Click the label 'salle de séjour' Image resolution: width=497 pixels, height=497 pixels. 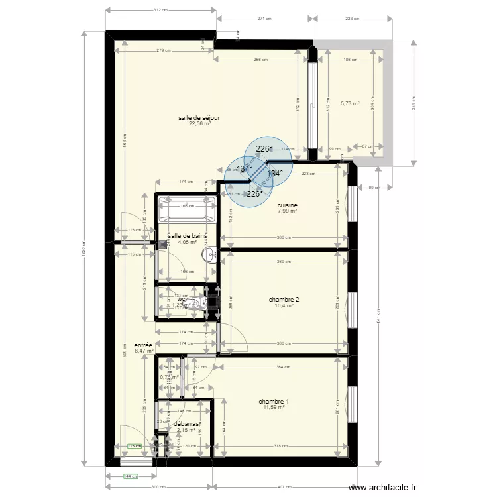[x=199, y=117]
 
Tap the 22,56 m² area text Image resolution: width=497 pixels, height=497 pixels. [x=199, y=123]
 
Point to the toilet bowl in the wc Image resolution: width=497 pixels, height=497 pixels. [x=193, y=304]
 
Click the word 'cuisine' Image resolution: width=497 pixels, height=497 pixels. [x=288, y=205]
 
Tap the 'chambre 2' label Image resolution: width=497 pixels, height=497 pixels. [x=284, y=300]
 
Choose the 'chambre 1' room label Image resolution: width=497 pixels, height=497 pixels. [x=274, y=402]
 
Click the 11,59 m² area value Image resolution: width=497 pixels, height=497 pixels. [x=274, y=408]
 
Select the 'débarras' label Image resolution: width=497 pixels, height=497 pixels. [x=186, y=423]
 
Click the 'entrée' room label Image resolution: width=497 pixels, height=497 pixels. [x=143, y=345]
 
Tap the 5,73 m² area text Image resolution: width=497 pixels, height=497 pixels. [x=349, y=103]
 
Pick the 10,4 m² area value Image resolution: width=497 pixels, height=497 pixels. [x=284, y=306]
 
